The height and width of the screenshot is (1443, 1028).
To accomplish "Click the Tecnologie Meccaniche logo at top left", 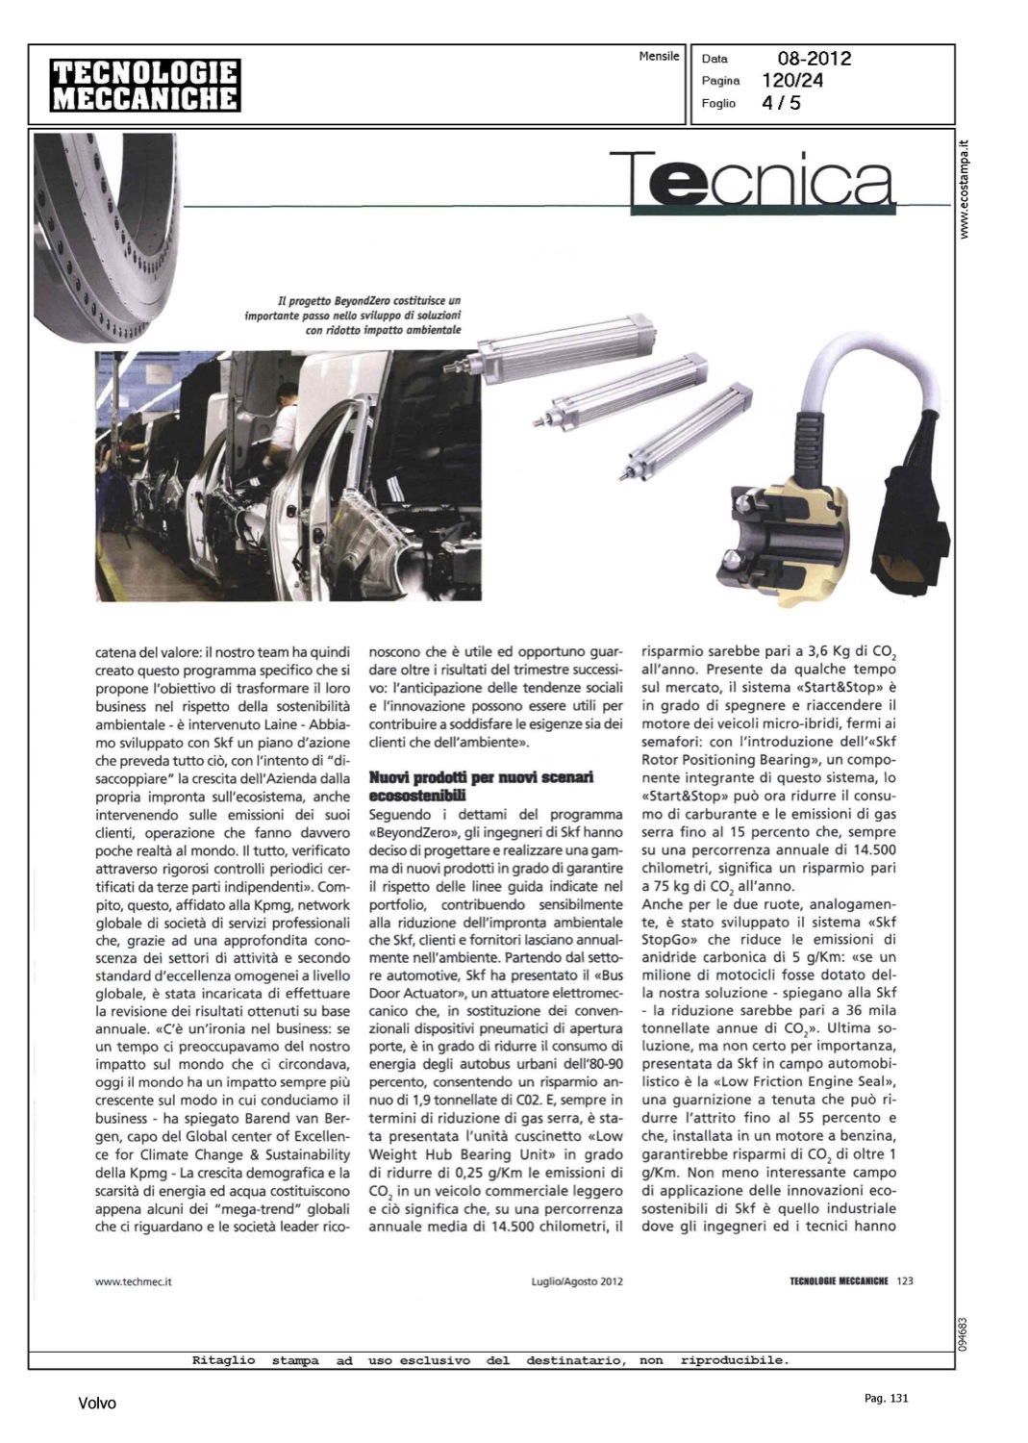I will click(145, 86).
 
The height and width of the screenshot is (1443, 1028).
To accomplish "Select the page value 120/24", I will click(792, 81).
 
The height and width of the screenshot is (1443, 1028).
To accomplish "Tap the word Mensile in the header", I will click(660, 57).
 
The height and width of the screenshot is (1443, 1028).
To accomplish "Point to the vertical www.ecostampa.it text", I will click(966, 189).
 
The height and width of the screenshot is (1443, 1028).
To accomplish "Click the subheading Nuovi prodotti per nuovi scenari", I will click(481, 785).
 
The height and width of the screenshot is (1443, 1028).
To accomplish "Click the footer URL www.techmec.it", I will click(134, 1281).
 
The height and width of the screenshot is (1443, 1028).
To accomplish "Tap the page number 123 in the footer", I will click(904, 1280).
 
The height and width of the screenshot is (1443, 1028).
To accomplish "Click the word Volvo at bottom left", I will click(97, 1404).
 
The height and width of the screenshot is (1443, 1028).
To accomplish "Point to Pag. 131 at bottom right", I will click(887, 1398).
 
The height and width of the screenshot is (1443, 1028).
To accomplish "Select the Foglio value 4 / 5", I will click(782, 103).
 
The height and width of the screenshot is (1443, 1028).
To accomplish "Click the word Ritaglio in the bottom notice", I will click(223, 1360).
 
